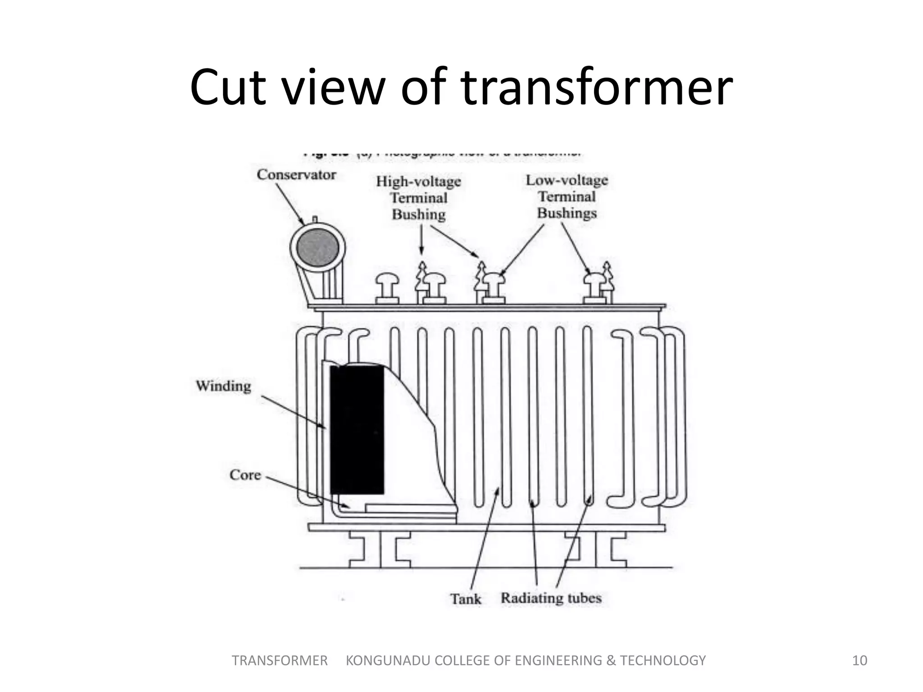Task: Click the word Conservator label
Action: click(296, 175)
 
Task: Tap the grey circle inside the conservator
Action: click(318, 248)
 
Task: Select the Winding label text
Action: click(224, 386)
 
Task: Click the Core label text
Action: click(245, 475)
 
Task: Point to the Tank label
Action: click(466, 599)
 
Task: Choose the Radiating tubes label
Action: click(551, 598)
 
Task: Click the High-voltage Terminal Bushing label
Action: click(419, 198)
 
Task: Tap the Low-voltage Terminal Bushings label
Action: click(567, 196)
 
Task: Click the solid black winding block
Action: click(357, 430)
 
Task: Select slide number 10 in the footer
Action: click(859, 660)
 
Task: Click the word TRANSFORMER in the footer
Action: click(279, 660)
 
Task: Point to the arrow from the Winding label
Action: click(293, 412)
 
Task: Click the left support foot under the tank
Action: click(380, 550)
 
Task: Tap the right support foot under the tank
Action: click(596, 550)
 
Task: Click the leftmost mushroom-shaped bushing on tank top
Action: click(387, 288)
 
